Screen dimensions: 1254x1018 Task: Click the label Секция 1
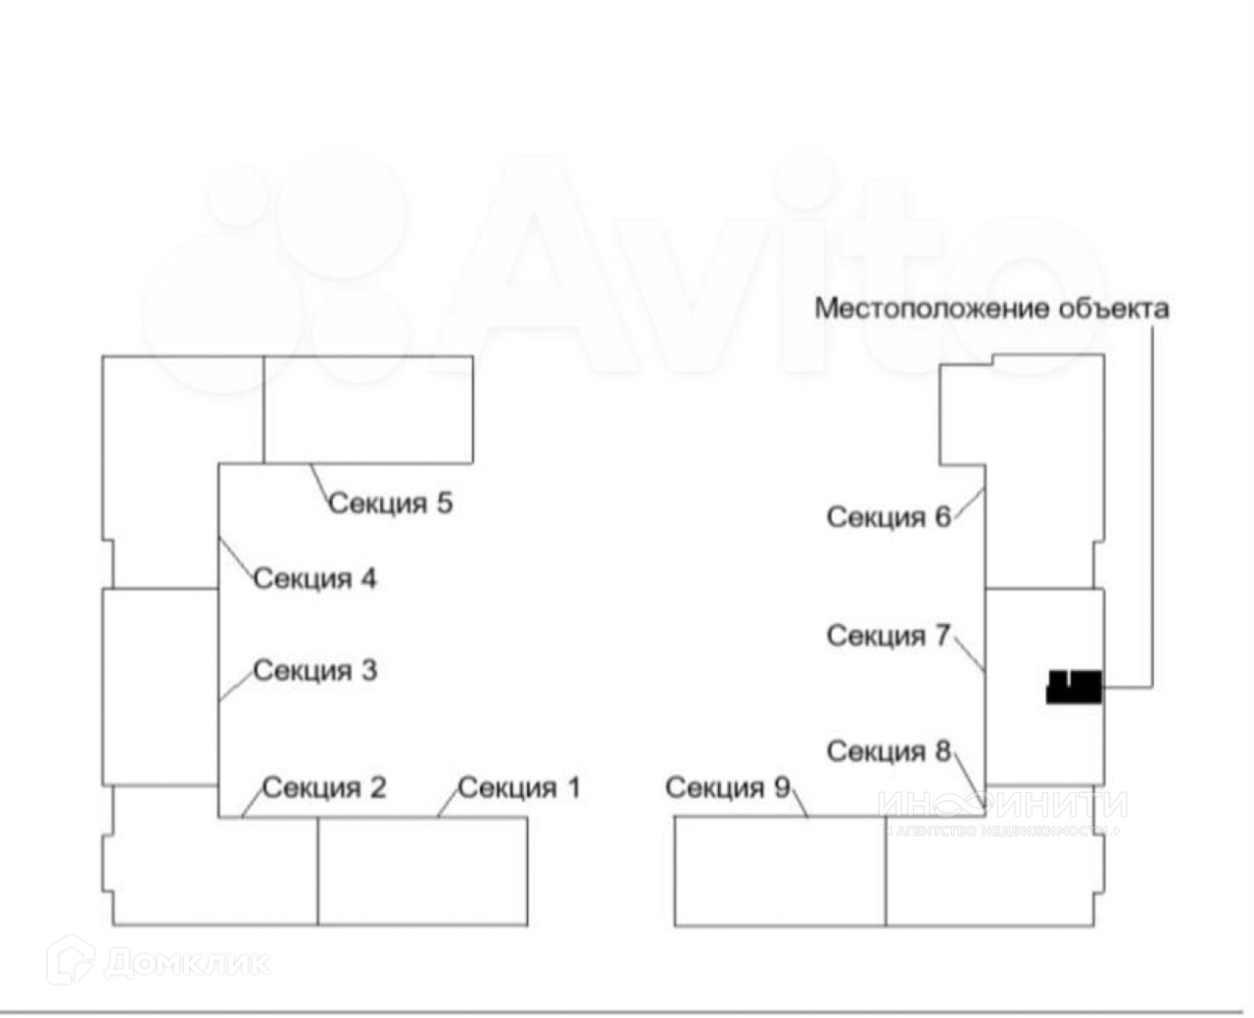pyautogui.click(x=519, y=788)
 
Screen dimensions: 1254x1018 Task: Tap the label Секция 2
pyautogui.click(x=324, y=788)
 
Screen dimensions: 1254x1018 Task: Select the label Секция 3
pyautogui.click(x=314, y=671)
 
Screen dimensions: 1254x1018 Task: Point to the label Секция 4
pyautogui.click(x=314, y=579)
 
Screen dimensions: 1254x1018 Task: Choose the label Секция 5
pyautogui.click(x=390, y=504)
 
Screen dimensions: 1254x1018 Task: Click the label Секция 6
pyautogui.click(x=889, y=516)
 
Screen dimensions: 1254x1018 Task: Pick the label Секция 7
pyautogui.click(x=889, y=636)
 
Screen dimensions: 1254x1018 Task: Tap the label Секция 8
pyautogui.click(x=889, y=751)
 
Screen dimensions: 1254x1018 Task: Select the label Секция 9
pyautogui.click(x=727, y=788)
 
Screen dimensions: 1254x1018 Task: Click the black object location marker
pyautogui.click(x=1074, y=687)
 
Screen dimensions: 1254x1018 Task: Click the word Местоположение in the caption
pyautogui.click(x=932, y=309)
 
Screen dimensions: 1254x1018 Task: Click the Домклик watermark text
pyautogui.click(x=186, y=962)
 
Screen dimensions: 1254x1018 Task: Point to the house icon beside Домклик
pyautogui.click(x=71, y=960)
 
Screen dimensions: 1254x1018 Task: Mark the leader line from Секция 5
pyautogui.click(x=321, y=483)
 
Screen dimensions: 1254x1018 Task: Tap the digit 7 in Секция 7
pyautogui.click(x=942, y=636)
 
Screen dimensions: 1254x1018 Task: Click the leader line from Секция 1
pyautogui.click(x=448, y=801)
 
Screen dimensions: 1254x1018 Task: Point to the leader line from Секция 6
pyautogui.click(x=968, y=506)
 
